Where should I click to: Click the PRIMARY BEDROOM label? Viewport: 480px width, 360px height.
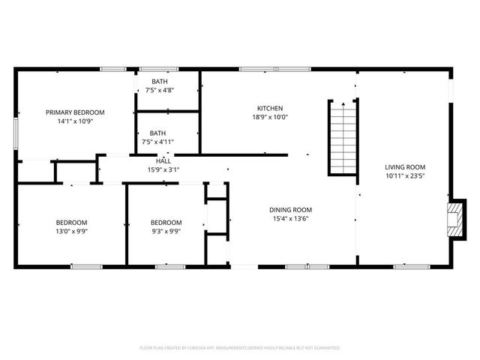point(75,112)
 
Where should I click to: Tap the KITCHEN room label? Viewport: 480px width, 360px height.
point(270,108)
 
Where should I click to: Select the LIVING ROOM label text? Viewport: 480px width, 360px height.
point(405,167)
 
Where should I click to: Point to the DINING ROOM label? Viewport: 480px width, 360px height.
point(291,210)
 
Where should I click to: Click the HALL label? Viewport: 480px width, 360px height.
point(163,160)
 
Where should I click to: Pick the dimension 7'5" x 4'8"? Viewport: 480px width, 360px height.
point(160,90)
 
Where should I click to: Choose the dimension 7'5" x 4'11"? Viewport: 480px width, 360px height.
point(157,142)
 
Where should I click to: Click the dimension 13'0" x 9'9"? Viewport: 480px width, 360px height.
point(71,231)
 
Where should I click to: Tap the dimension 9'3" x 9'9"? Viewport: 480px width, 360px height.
point(166,231)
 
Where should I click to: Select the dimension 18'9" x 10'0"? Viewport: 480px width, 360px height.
point(270,117)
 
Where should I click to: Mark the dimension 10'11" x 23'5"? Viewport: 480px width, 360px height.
point(405,177)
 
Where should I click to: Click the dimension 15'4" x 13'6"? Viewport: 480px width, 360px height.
point(291,219)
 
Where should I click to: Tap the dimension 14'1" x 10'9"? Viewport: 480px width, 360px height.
point(75,121)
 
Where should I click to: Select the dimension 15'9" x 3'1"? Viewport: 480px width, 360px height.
point(163,169)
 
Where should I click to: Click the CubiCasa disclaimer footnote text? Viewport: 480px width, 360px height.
point(240,348)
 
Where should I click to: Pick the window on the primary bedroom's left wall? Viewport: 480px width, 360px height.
point(15,135)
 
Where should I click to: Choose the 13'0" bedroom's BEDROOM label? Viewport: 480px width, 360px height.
point(71,222)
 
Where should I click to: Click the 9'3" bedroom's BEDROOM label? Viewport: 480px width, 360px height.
point(166,222)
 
